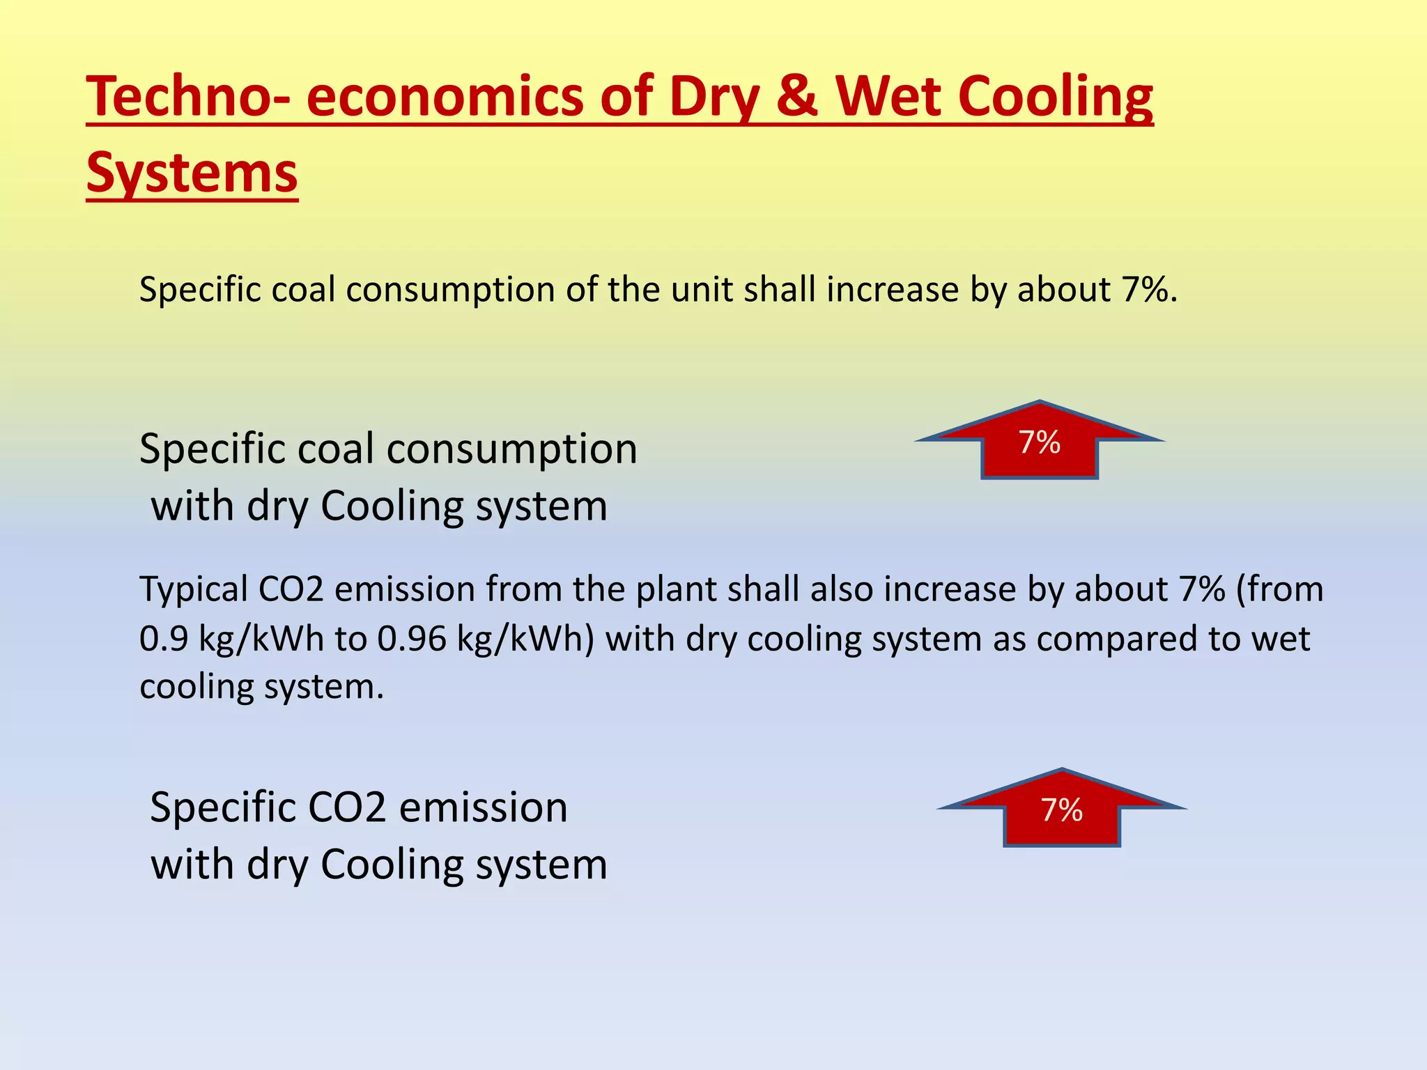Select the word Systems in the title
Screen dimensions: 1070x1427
click(192, 172)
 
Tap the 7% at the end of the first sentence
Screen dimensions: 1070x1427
click(1143, 289)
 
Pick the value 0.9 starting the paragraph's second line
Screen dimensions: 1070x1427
click(164, 639)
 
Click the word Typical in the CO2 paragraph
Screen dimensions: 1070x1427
click(194, 590)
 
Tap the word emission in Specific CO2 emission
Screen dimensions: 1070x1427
click(483, 807)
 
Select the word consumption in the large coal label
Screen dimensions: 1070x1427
click(512, 449)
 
